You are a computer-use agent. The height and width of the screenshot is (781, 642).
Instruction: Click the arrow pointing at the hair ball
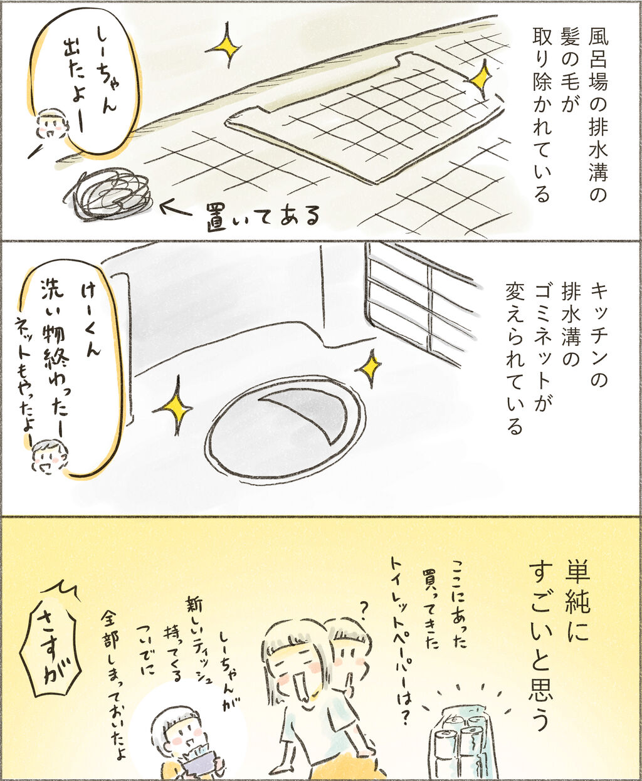(x=177, y=210)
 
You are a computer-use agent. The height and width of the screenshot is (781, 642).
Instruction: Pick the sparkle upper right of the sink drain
(x=370, y=367)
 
